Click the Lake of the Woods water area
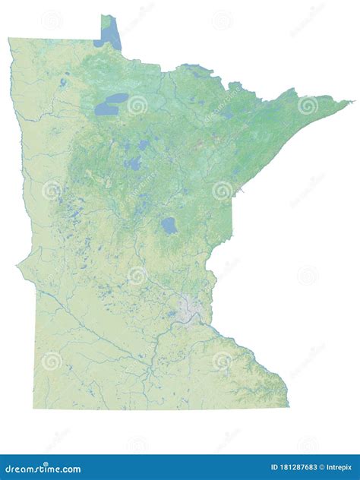[x=112, y=34]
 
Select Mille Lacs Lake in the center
[x=169, y=226]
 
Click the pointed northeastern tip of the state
[x=351, y=101]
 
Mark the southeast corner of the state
[x=288, y=406]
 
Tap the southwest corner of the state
[x=34, y=407]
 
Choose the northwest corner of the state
[x=10, y=39]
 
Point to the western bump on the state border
[x=18, y=266]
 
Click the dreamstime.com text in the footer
[x=41, y=469]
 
